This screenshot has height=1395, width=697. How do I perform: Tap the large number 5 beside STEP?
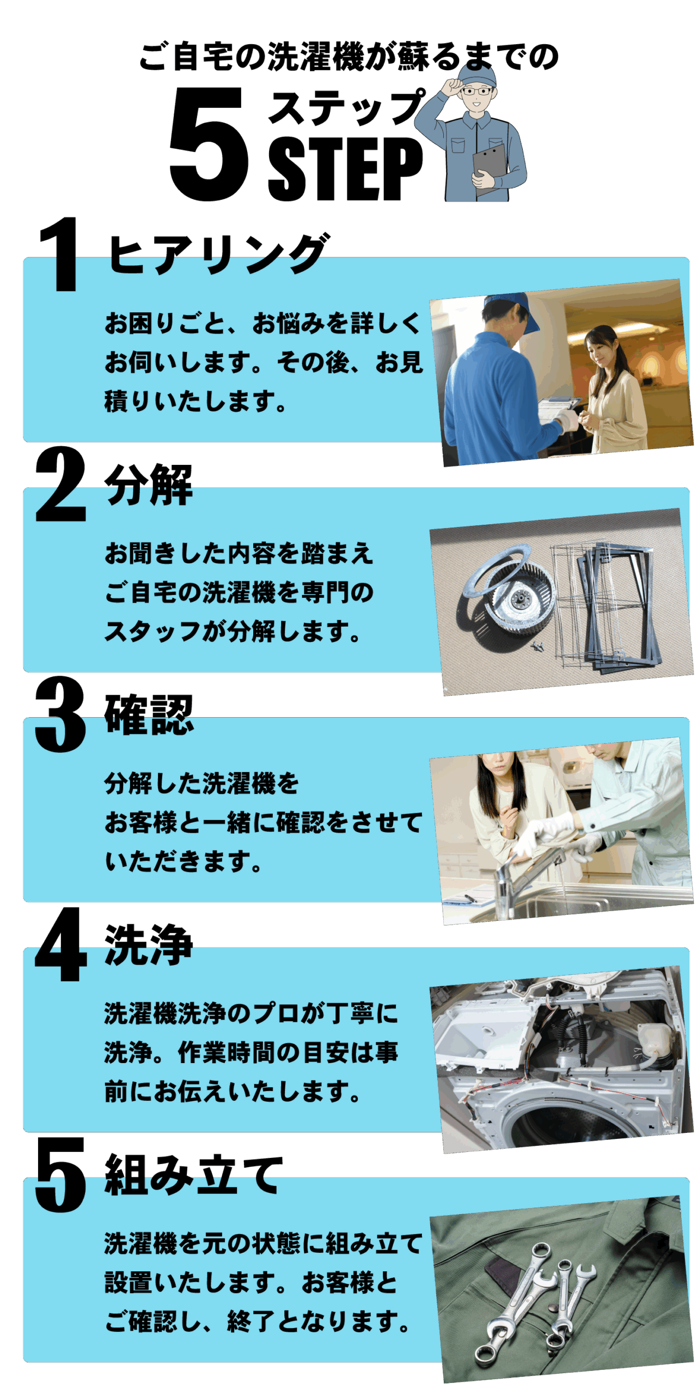[209, 143]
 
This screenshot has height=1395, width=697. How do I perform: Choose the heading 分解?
[149, 484]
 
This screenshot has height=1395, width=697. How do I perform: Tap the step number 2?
[60, 484]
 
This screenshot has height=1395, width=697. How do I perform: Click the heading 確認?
[149, 714]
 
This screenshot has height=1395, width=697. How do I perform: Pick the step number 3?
[60, 714]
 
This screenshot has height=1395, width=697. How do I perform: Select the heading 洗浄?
[149, 945]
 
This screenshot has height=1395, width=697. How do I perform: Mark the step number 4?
[60, 944]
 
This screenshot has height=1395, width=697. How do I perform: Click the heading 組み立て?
[193, 1175]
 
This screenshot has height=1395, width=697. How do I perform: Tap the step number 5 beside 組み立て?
[60, 1175]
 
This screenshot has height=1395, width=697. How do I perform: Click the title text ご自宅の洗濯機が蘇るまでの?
[348, 56]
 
